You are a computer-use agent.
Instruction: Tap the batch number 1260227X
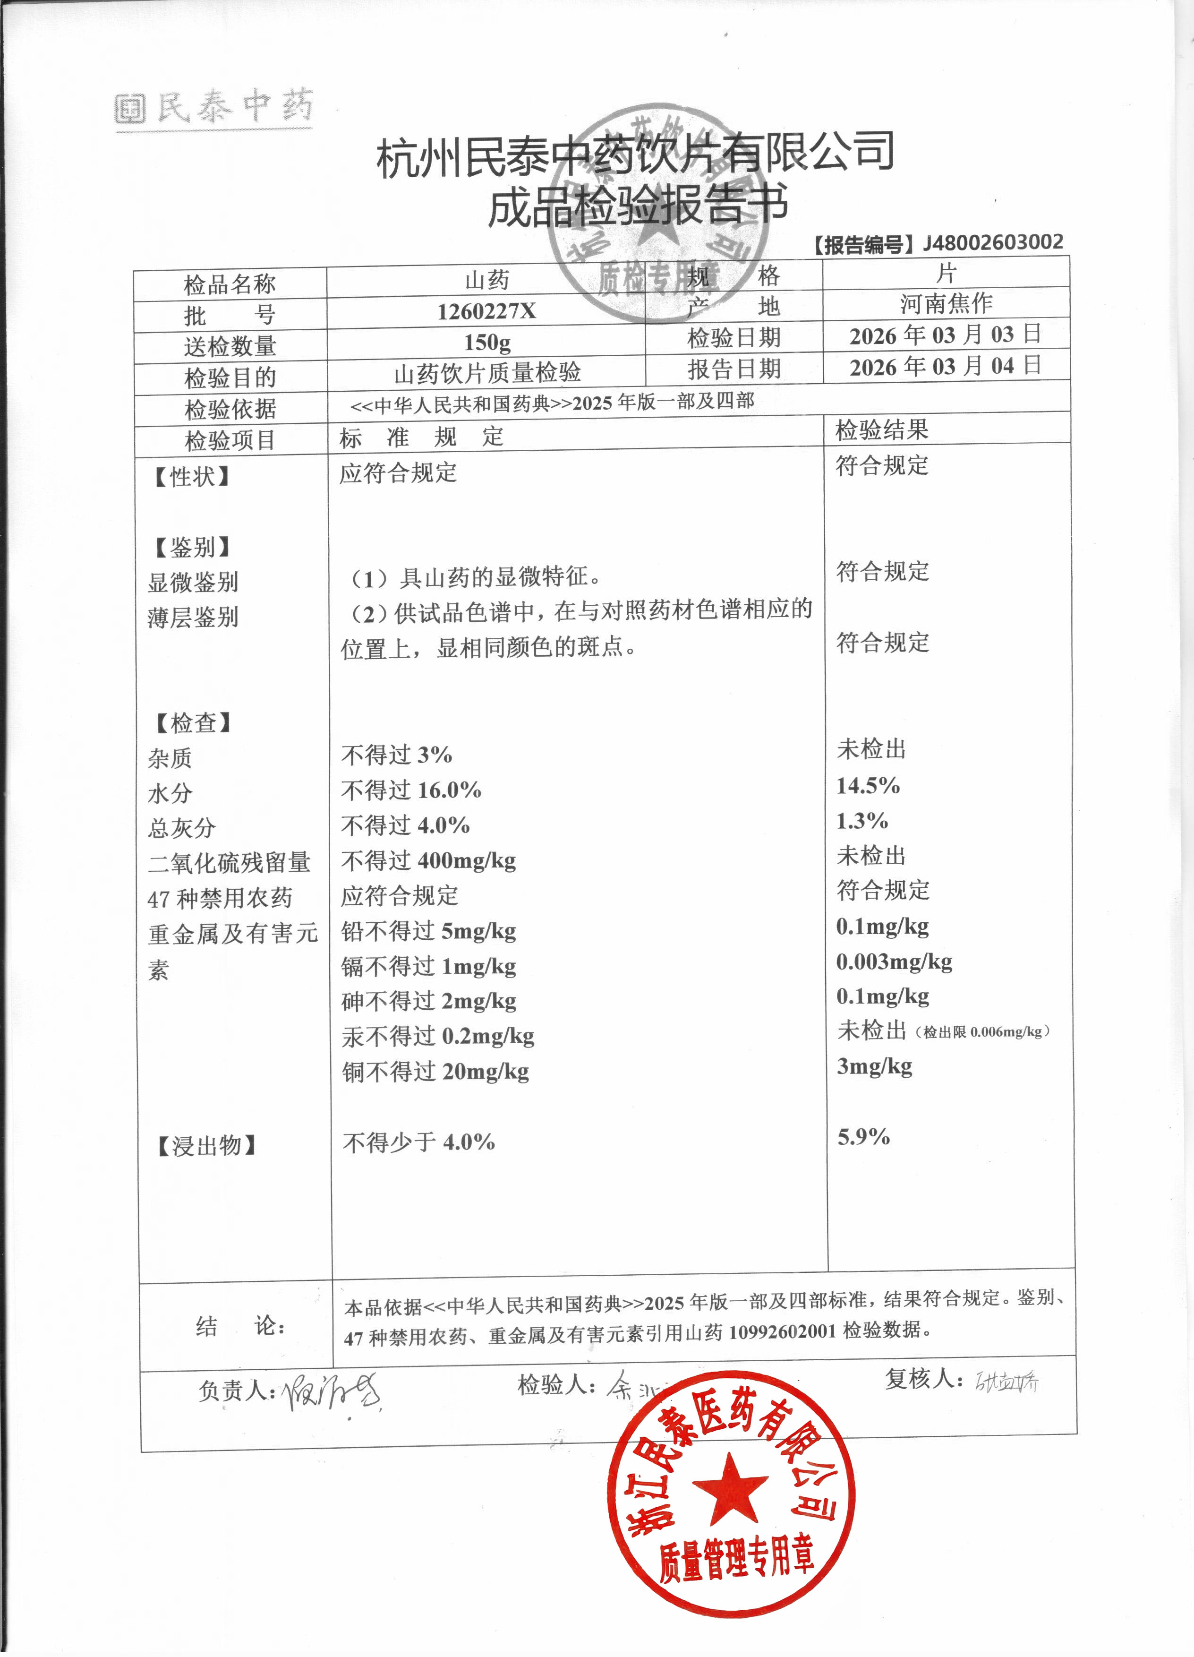[486, 312]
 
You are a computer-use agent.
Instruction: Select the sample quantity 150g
[487, 343]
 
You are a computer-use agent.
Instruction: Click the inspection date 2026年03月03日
[945, 335]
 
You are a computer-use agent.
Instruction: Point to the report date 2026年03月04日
[945, 366]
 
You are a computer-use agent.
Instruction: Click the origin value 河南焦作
[946, 303]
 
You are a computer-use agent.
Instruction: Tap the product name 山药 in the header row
[487, 280]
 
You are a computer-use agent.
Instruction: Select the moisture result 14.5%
[868, 786]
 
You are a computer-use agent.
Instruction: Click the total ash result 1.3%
[861, 821]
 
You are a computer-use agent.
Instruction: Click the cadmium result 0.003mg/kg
[894, 962]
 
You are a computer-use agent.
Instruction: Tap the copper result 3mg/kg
[874, 1067]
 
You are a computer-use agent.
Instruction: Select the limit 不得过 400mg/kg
[429, 861]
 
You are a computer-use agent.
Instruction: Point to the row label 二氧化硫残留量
[229, 863]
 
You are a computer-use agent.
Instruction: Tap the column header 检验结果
[881, 430]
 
